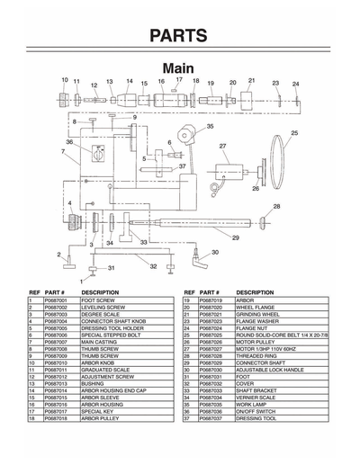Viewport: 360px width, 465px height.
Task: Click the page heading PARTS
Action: [180, 36]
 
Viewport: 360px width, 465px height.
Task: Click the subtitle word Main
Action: [180, 68]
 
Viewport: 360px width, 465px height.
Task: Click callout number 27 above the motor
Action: [222, 146]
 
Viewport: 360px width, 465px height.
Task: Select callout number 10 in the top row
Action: [65, 80]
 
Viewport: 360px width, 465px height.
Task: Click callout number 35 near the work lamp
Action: [210, 127]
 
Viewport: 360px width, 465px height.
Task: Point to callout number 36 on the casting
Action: [68, 142]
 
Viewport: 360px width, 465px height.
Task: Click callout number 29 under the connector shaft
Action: [236, 237]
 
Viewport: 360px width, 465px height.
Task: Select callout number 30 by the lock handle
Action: [215, 253]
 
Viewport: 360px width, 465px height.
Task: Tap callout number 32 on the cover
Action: [154, 266]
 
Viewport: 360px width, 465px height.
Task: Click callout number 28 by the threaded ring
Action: [276, 207]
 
